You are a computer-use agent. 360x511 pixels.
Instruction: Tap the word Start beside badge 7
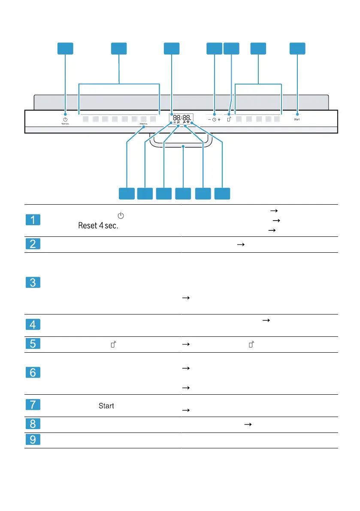pyautogui.click(x=106, y=405)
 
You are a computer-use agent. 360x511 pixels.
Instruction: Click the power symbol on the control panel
pyautogui.click(x=65, y=119)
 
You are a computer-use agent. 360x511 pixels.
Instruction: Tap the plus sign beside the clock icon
pyautogui.click(x=219, y=120)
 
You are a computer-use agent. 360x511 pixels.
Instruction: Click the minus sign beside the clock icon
pyautogui.click(x=209, y=120)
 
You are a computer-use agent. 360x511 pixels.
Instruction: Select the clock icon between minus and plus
pyautogui.click(x=214, y=120)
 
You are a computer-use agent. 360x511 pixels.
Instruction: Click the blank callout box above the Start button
pyautogui.click(x=297, y=48)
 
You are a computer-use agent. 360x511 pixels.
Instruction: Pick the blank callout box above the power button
pyautogui.click(x=65, y=48)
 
